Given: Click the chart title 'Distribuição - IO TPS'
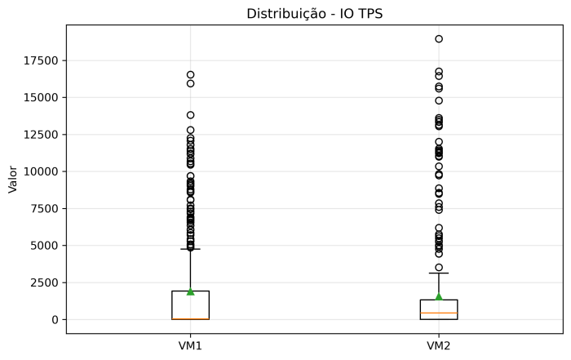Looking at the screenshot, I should click(x=314, y=13).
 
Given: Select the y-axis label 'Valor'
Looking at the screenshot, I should click(x=12, y=179).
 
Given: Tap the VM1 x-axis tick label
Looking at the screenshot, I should click(x=190, y=345).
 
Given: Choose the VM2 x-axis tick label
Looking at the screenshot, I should click(x=439, y=345).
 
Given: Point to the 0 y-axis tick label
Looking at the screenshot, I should click(x=54, y=319).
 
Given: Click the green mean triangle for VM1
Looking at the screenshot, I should click(x=190, y=291).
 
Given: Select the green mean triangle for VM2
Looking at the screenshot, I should click(x=439, y=296).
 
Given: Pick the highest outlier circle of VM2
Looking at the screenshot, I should click(x=439, y=38).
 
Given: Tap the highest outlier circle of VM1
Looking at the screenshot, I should click(x=190, y=74).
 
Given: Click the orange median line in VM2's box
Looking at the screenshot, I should click(x=439, y=313).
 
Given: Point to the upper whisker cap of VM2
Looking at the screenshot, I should click(x=439, y=273).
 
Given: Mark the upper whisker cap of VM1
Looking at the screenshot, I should click(x=190, y=249).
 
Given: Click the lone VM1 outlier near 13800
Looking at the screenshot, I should click(x=190, y=115).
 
